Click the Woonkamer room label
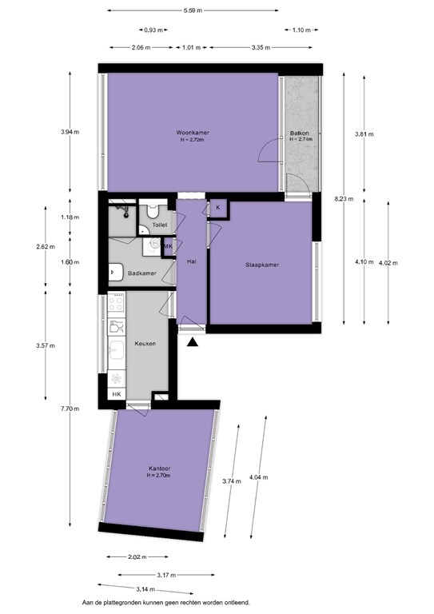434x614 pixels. [192, 133]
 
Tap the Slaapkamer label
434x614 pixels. [262, 265]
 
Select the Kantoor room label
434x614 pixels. [160, 468]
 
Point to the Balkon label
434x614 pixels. [300, 134]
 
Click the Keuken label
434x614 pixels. [145, 344]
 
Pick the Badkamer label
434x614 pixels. [142, 273]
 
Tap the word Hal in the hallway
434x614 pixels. [191, 261]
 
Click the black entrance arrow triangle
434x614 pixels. [192, 342]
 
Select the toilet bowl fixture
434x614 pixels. [152, 211]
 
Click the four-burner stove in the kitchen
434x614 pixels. [116, 302]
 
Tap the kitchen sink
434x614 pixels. [117, 349]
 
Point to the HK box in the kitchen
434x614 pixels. [117, 394]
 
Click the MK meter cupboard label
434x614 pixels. [169, 246]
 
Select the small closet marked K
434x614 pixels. [218, 208]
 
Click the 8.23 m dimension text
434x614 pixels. [344, 198]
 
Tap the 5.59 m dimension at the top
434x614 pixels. [193, 10]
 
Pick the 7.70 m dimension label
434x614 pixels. [70, 409]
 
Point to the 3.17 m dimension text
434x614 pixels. [167, 575]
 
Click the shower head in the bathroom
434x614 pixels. [125, 212]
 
